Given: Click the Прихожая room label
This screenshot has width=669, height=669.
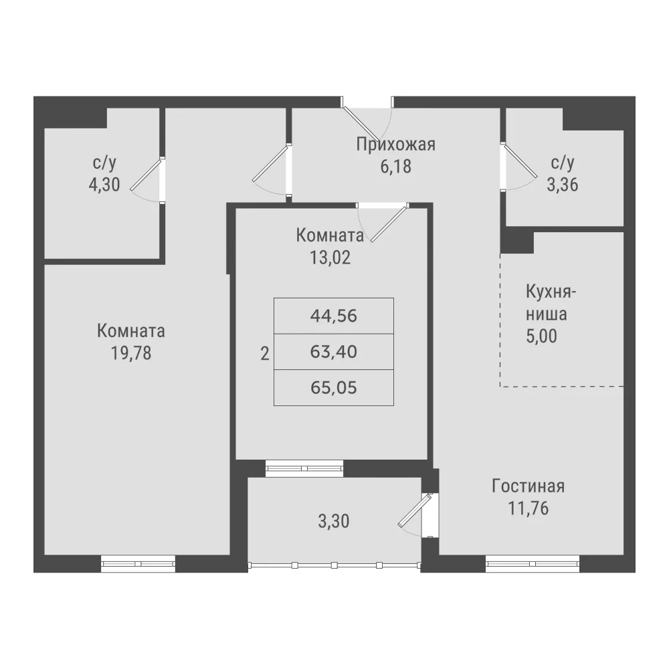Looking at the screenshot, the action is pyautogui.click(x=395, y=145).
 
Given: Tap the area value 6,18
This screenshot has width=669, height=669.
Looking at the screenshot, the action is pyautogui.click(x=395, y=167).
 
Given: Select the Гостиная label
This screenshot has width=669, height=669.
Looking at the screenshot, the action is pyautogui.click(x=529, y=486).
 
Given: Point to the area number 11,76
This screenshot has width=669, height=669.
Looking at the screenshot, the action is pyautogui.click(x=529, y=508).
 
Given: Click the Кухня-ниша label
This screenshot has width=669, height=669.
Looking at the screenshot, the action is pyautogui.click(x=551, y=303).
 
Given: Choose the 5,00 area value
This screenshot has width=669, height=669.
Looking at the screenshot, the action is pyautogui.click(x=541, y=337).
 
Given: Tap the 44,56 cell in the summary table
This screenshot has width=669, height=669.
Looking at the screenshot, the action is pyautogui.click(x=334, y=316).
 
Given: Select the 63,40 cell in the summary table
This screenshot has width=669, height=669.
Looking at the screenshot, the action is pyautogui.click(x=334, y=352).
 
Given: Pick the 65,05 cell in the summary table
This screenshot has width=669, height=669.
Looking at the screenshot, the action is pyautogui.click(x=334, y=388).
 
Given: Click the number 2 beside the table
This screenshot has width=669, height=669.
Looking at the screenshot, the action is pyautogui.click(x=265, y=354).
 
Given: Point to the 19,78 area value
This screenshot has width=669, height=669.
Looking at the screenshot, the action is pyautogui.click(x=131, y=353).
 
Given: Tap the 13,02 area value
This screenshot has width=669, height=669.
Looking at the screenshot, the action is pyautogui.click(x=330, y=258).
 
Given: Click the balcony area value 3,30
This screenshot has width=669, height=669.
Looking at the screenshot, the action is pyautogui.click(x=334, y=521).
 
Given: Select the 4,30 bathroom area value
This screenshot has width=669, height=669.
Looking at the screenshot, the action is pyautogui.click(x=104, y=185).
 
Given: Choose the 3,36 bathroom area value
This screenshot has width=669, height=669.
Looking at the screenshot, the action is pyautogui.click(x=563, y=185).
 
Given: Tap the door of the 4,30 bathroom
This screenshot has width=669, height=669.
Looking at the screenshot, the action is pyautogui.click(x=147, y=174).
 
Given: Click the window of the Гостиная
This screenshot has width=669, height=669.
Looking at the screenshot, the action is pyautogui.click(x=533, y=563).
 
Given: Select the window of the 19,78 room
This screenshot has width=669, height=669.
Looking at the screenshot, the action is pyautogui.click(x=138, y=563).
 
